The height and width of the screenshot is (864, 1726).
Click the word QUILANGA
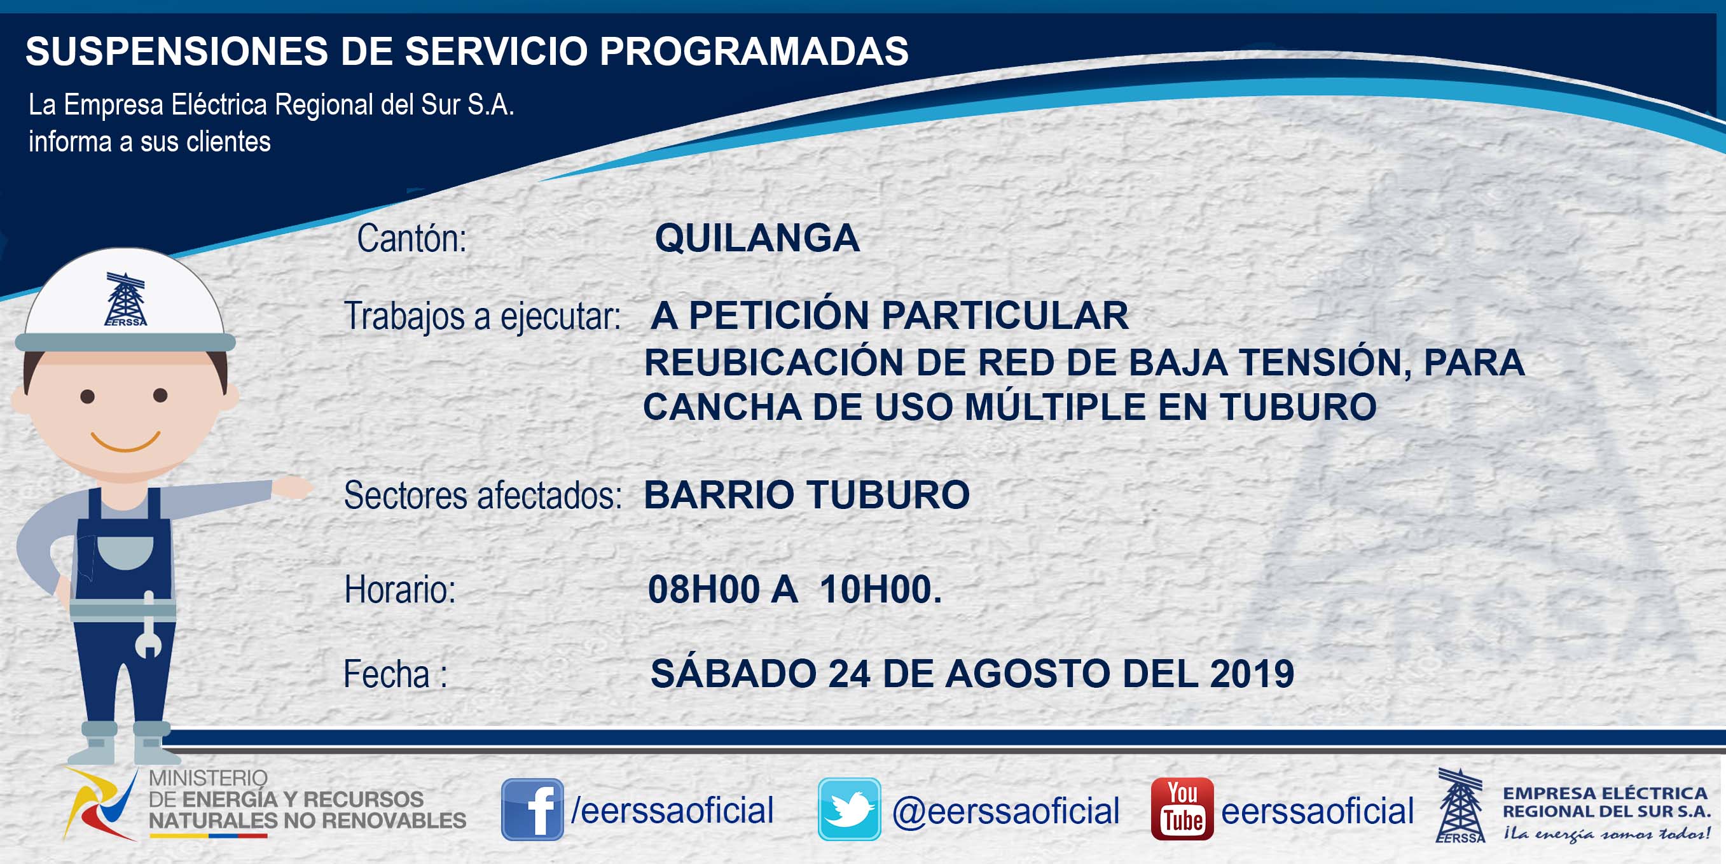pos(757,238)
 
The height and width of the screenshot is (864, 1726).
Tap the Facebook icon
pos(533,809)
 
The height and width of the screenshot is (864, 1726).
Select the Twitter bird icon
pos(849,809)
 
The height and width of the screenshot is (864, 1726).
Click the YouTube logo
pos(1182,809)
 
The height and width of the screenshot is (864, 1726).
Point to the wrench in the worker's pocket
pos(148,625)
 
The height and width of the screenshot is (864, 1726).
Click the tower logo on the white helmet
pos(125,299)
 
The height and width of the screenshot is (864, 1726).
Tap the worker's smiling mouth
pos(125,442)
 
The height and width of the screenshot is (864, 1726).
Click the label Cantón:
pos(411,239)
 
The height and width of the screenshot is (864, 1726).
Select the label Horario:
pos(400,590)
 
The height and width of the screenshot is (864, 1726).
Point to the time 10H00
pos(880,590)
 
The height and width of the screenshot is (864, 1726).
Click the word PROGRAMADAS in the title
pos(754,51)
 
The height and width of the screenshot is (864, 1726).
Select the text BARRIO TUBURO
pos(806,495)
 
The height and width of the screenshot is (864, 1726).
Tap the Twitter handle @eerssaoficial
pos(1005,811)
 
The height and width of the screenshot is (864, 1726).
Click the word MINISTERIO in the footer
pos(208,778)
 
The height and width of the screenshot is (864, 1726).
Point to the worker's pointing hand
pos(293,487)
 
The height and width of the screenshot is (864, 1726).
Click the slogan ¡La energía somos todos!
pos(1606,833)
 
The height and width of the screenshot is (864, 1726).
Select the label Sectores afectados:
pos(483,496)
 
